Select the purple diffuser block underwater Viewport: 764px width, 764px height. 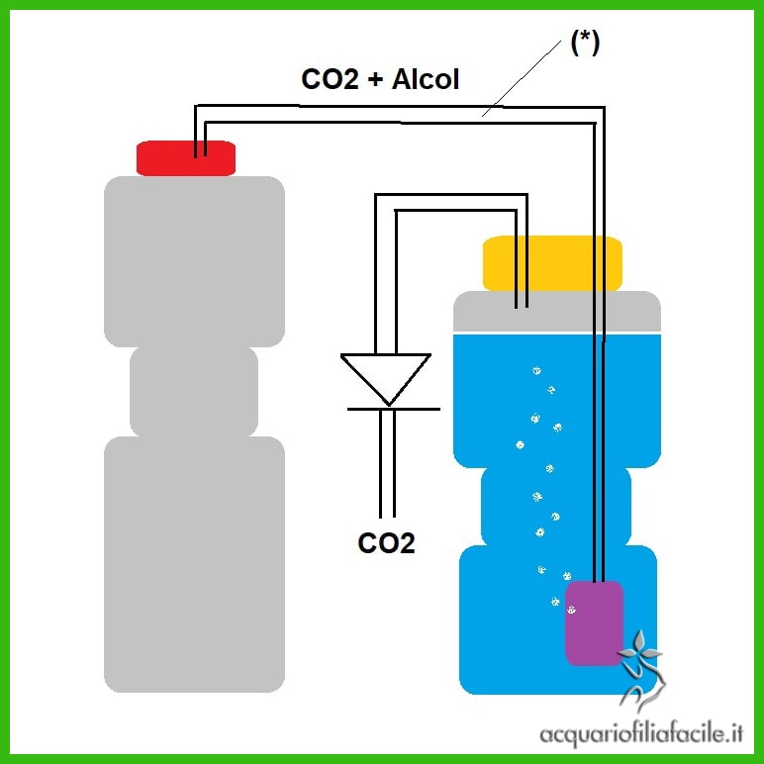[x=594, y=622]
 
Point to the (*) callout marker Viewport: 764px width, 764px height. [x=584, y=44]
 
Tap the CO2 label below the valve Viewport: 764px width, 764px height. [x=386, y=542]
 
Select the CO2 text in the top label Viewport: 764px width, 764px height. [x=330, y=80]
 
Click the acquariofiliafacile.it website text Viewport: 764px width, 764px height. [x=642, y=733]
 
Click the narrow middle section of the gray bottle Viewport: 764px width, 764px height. [x=194, y=391]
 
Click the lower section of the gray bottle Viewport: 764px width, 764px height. [x=194, y=564]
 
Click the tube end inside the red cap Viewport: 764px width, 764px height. [x=201, y=148]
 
